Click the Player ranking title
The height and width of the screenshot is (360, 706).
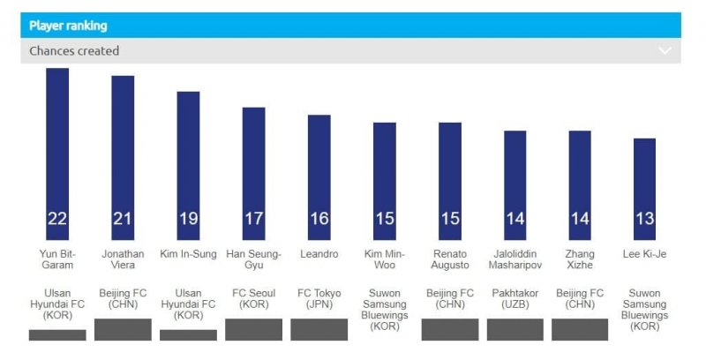pyautogui.click(x=68, y=26)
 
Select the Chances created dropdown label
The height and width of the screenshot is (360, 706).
pyautogui.click(x=74, y=51)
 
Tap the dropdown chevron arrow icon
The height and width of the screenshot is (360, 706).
pyautogui.click(x=665, y=51)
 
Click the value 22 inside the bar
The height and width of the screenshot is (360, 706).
pyautogui.click(x=57, y=219)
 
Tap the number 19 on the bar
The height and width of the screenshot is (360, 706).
pyautogui.click(x=188, y=219)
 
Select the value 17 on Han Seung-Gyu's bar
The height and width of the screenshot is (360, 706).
pyautogui.click(x=253, y=219)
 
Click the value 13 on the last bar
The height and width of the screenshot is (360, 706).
pyautogui.click(x=645, y=219)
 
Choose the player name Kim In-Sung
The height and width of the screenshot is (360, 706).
pyautogui.click(x=188, y=254)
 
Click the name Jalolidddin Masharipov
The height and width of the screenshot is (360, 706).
pyautogui.click(x=514, y=259)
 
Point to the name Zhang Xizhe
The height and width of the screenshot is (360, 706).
pyautogui.click(x=580, y=259)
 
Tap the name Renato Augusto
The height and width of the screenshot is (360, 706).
pyautogui.click(x=449, y=259)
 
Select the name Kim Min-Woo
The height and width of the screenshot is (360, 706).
pyautogui.click(x=384, y=259)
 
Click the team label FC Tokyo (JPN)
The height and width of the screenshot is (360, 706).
pyautogui.click(x=319, y=299)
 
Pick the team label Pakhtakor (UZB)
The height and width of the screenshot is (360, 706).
pyautogui.click(x=514, y=299)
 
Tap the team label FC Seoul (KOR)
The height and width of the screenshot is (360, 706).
pyautogui.click(x=253, y=299)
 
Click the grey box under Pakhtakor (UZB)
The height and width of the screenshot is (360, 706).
pyautogui.click(x=514, y=329)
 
